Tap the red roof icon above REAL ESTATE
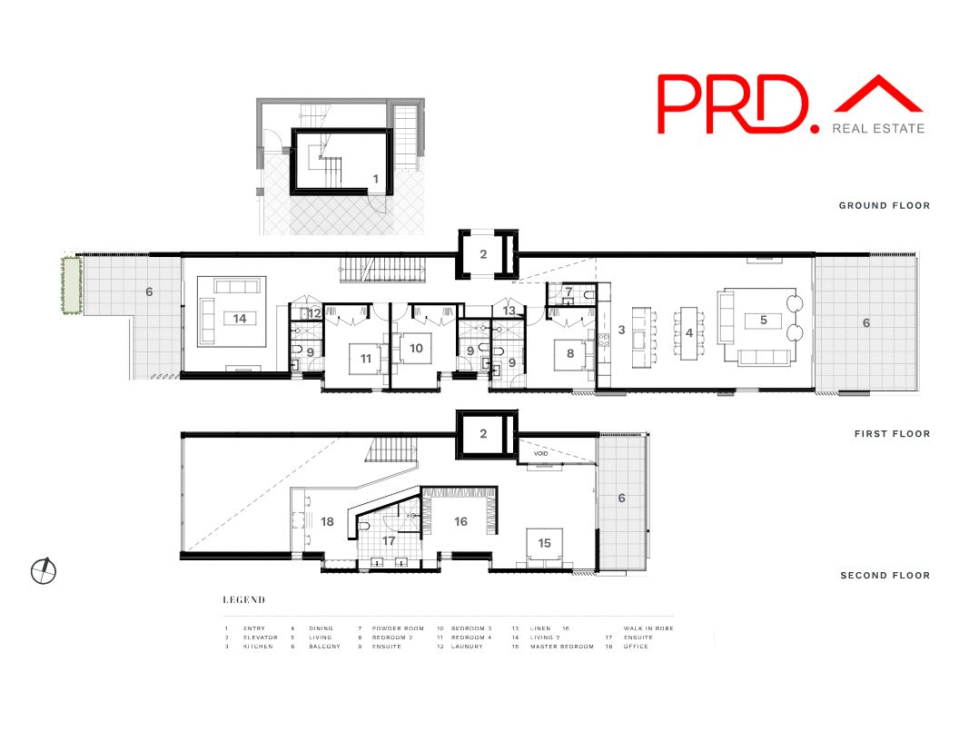[878, 96]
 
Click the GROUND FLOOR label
[884, 206]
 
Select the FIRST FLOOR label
[892, 434]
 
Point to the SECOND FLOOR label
[885, 576]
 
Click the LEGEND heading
[244, 600]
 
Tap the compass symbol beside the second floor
[43, 570]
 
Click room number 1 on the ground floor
[375, 180]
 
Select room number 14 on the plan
[240, 319]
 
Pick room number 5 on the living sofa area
[764, 320]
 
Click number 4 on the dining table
[689, 333]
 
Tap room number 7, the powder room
[568, 291]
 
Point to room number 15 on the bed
[544, 543]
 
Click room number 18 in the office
[328, 522]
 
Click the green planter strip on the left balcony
[66, 285]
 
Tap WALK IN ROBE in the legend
[648, 628]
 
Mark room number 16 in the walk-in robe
[461, 522]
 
